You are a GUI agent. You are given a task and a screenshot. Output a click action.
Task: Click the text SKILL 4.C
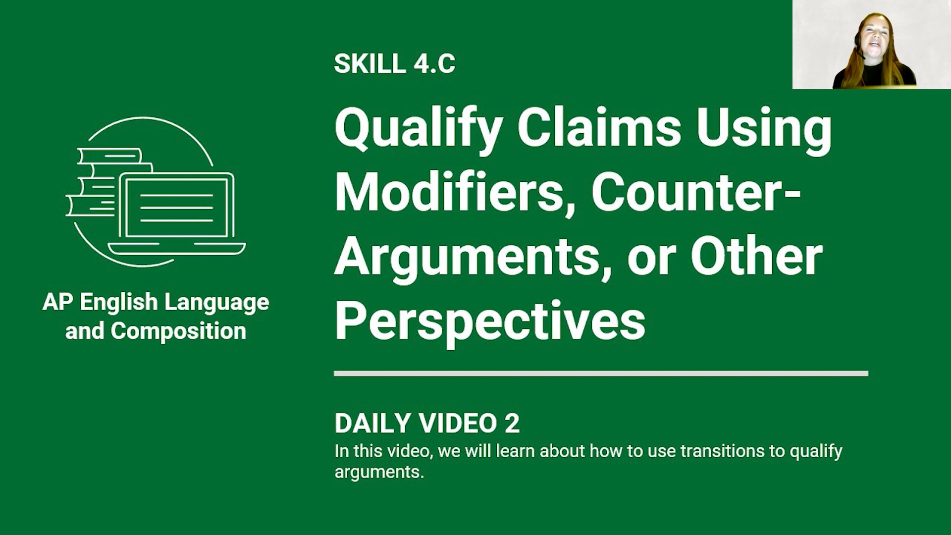394,64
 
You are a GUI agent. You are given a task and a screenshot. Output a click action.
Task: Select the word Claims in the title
599,127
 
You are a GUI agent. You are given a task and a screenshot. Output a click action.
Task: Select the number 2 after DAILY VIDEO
512,424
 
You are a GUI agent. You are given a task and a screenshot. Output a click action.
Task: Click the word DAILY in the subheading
372,424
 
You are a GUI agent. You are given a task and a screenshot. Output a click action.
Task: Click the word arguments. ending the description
379,472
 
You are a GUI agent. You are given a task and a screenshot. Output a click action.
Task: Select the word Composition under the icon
178,331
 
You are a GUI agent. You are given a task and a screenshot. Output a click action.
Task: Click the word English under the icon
118,302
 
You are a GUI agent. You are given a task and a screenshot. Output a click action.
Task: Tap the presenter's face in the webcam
875,40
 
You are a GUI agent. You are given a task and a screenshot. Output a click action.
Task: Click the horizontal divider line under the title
600,374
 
